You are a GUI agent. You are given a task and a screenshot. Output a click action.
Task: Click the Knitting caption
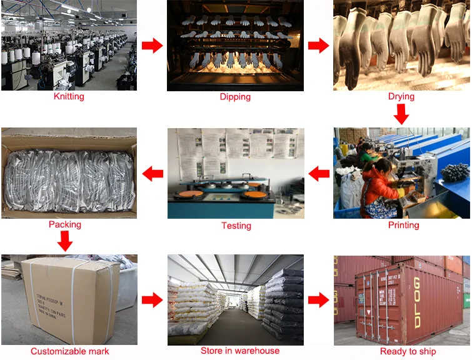[69, 97]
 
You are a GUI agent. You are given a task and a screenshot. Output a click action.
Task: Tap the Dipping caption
[235, 97]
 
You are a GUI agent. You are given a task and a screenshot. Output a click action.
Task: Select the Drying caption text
[401, 97]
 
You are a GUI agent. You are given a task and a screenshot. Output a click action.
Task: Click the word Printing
[403, 225]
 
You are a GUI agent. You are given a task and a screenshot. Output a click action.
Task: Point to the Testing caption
[236, 226]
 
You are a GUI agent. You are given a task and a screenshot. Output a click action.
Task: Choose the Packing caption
[65, 224]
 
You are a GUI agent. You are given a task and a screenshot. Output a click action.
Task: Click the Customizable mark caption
[69, 352]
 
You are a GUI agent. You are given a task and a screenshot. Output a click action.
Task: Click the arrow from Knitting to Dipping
[153, 46]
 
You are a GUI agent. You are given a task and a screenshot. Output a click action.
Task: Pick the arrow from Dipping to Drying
[318, 46]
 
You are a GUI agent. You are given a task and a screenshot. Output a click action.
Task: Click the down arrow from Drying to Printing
[401, 114]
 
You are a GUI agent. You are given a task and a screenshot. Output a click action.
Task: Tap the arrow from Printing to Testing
[319, 174]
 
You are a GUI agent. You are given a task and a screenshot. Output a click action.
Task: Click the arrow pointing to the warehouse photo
[152, 301]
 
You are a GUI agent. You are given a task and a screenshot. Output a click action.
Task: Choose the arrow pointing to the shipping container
[319, 300]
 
